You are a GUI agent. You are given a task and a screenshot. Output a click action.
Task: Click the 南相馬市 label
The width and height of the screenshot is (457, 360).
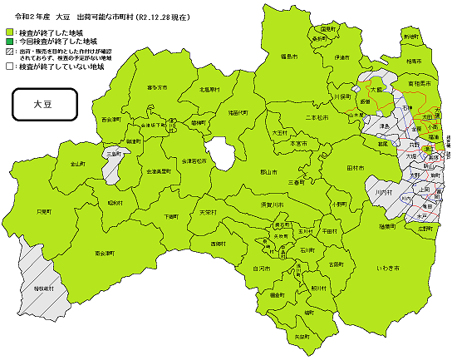(x=418, y=84)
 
